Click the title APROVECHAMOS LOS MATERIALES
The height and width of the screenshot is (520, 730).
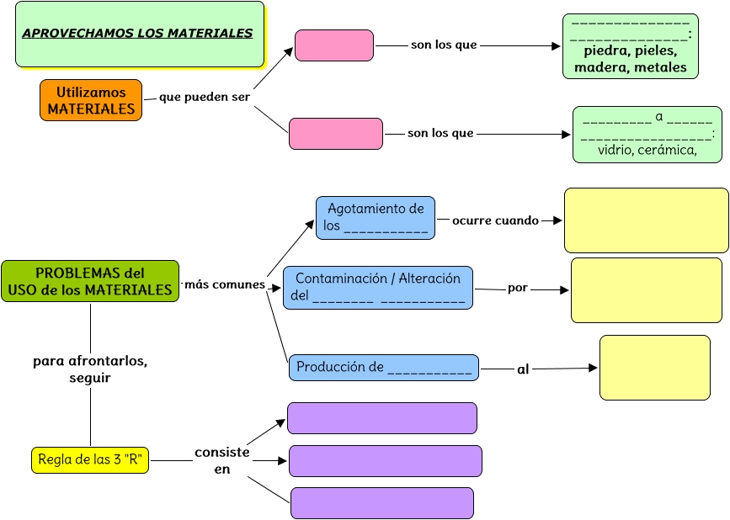pyautogui.click(x=137, y=34)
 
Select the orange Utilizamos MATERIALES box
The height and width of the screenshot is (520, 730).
pyautogui.click(x=91, y=100)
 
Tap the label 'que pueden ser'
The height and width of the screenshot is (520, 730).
pyautogui.click(x=205, y=97)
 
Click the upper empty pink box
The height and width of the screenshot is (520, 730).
pyautogui.click(x=334, y=45)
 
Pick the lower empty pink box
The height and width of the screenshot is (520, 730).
pyautogui.click(x=335, y=134)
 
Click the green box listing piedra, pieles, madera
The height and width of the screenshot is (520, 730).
pyautogui.click(x=630, y=46)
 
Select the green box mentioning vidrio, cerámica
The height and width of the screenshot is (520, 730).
pyautogui.click(x=647, y=134)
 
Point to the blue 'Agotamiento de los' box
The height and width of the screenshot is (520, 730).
pyautogui.click(x=376, y=218)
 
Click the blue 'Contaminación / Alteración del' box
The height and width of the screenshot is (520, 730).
pyautogui.click(x=378, y=287)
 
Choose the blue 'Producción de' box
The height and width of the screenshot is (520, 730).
pyautogui.click(x=383, y=367)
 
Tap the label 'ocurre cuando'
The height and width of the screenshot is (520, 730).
pyautogui.click(x=495, y=220)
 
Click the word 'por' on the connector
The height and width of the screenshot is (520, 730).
pyautogui.click(x=518, y=288)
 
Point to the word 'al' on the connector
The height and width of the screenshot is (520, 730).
pyautogui.click(x=523, y=369)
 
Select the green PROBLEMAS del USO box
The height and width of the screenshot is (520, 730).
pyautogui.click(x=90, y=281)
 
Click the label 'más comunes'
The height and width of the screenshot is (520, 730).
pyautogui.click(x=225, y=284)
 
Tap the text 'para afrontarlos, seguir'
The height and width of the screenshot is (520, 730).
pyautogui.click(x=90, y=369)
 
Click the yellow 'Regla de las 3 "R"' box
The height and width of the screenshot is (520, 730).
pyautogui.click(x=89, y=460)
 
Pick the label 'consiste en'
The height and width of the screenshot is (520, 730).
pyautogui.click(x=222, y=460)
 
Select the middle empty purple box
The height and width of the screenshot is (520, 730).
pyautogui.click(x=385, y=461)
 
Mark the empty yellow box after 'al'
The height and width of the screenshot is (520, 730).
pyautogui.click(x=654, y=367)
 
